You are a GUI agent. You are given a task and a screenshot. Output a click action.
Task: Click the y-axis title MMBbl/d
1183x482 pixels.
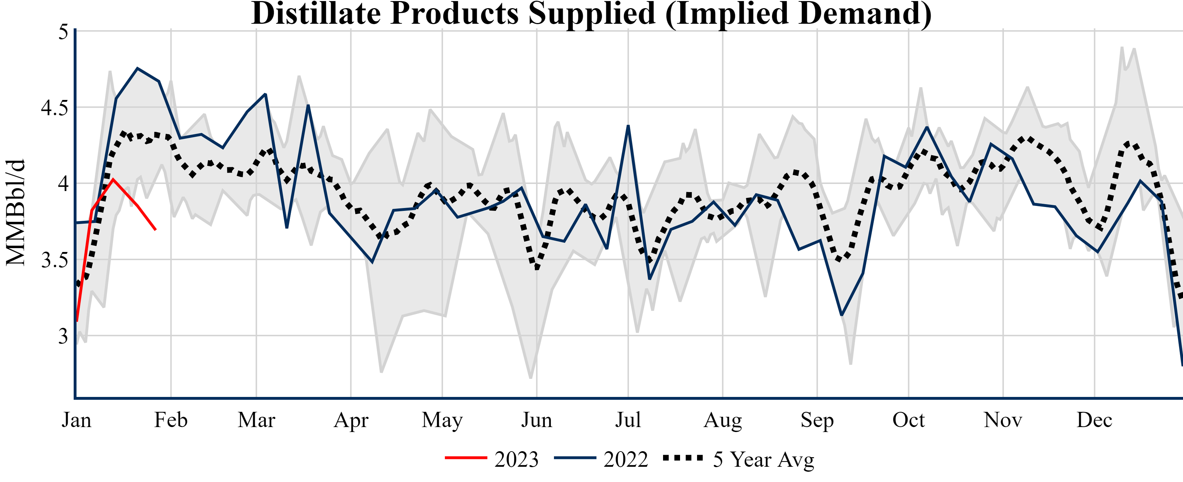click(16, 213)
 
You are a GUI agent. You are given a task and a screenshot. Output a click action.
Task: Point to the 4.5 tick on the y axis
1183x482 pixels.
click(54, 108)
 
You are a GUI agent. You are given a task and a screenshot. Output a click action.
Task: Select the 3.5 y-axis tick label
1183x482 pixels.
click(54, 260)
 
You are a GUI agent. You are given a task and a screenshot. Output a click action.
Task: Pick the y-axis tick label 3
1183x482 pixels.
click(63, 336)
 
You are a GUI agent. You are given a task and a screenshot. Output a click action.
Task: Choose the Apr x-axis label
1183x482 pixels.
click(351, 420)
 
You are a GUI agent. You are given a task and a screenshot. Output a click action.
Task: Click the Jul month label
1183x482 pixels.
click(628, 420)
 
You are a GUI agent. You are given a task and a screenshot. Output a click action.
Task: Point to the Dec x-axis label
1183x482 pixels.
click(1094, 420)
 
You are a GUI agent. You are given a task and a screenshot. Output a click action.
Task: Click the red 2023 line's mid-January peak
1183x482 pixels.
click(113, 179)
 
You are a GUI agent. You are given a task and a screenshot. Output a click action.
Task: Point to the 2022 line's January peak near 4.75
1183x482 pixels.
click(137, 68)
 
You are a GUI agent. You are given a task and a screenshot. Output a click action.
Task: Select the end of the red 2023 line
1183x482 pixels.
click(156, 229)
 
